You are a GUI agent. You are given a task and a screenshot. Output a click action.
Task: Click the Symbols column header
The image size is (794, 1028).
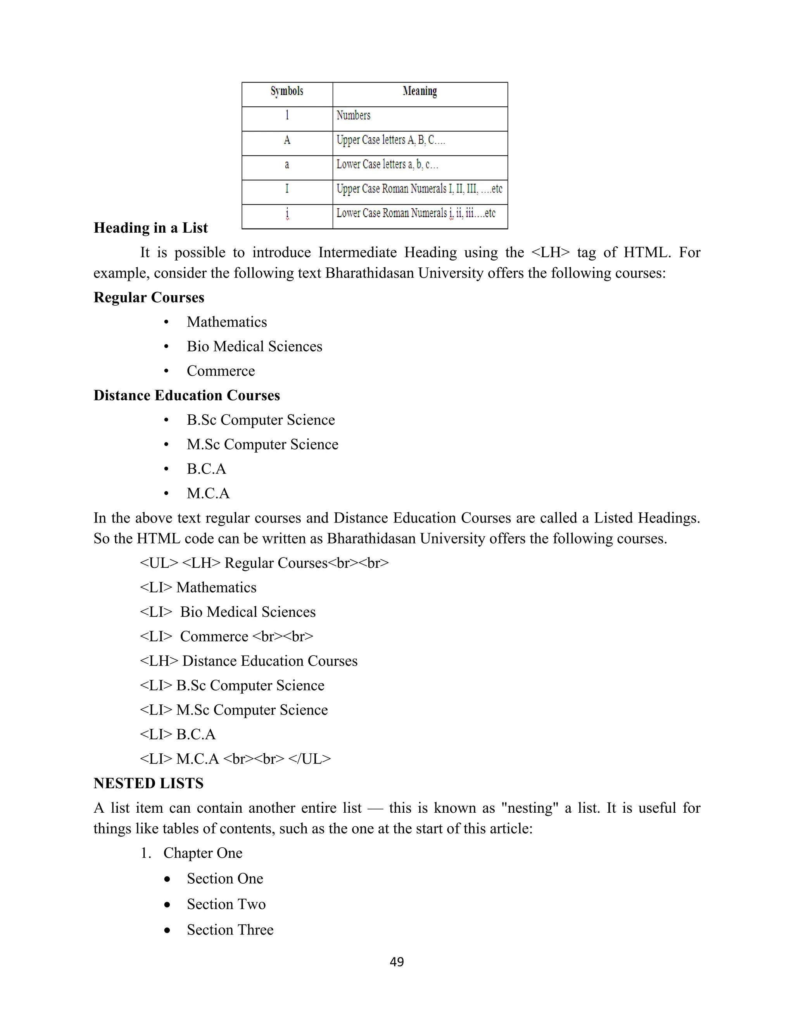point(287,91)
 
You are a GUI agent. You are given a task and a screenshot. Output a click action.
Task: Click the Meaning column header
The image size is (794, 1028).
point(419,91)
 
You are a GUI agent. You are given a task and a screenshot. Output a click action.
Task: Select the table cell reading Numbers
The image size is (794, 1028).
point(353,116)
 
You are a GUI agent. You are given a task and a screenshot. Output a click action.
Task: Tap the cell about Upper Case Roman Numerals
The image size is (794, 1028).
point(419,189)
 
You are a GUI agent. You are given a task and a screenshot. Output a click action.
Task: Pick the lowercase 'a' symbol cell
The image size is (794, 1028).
point(287,165)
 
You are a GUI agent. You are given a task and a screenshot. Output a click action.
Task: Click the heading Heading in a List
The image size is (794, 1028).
point(150,228)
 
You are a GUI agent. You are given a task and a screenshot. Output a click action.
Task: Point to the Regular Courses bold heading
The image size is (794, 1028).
point(148,298)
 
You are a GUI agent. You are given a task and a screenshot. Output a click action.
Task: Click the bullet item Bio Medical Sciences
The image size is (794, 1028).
point(254,347)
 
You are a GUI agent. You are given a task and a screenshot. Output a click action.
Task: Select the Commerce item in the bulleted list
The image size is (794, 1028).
point(221,371)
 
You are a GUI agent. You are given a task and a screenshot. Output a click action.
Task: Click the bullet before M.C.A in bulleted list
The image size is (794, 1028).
point(166,494)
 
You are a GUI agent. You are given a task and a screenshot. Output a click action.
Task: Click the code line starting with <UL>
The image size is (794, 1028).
point(264,563)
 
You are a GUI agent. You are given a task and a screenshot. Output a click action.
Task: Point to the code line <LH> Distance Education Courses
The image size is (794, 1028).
point(249,661)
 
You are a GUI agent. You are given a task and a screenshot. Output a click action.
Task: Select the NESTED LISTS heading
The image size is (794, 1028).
point(148,784)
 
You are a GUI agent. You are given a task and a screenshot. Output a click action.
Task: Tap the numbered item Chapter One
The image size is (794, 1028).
point(203,853)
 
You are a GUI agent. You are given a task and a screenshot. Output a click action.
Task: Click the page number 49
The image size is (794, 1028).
point(397,962)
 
